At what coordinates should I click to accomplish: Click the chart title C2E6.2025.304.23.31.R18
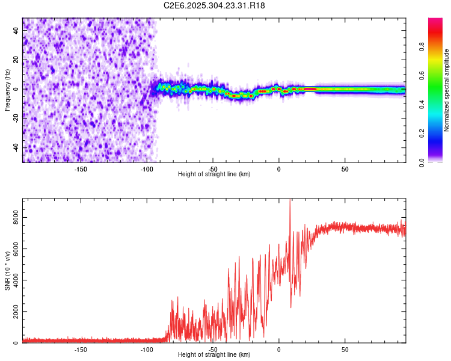215,5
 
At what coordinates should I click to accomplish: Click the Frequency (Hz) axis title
7,90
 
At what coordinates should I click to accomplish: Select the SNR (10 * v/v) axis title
7,271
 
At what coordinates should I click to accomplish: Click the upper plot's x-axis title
214,174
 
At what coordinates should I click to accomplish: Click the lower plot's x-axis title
214,354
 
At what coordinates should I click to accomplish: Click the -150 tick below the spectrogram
81,169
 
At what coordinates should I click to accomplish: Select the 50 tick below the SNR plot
345,349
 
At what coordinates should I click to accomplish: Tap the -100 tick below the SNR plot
147,349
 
